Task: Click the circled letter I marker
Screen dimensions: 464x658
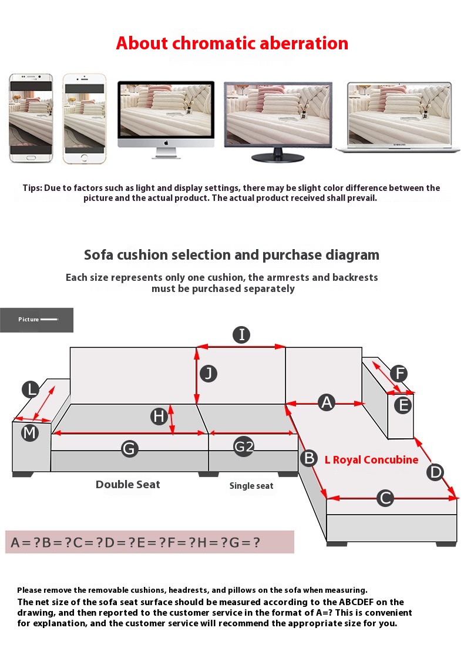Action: coord(241,335)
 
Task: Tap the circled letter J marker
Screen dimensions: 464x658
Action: coord(208,373)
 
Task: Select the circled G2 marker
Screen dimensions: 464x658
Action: coord(244,446)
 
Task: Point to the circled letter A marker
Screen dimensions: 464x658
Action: coord(327,402)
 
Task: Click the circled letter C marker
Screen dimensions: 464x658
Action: coord(385,498)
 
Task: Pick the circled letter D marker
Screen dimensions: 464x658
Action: coord(435,472)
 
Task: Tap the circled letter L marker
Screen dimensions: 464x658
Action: coord(31,390)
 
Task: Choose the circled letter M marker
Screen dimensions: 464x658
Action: coord(30,432)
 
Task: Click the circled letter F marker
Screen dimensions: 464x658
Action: coord(399,373)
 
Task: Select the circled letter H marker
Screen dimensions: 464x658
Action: coord(159,417)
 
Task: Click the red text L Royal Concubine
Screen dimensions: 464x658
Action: coord(371,460)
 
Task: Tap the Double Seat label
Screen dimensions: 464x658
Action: coord(128,484)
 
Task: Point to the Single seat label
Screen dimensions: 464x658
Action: coord(251,486)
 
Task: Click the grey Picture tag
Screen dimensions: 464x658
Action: coord(36,320)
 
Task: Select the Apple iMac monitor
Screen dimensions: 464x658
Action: coord(166,120)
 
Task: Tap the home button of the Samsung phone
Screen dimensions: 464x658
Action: coord(31,158)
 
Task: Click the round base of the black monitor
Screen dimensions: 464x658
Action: coord(278,158)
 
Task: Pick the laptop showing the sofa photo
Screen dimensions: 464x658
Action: coord(399,117)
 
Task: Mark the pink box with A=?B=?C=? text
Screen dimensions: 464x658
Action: coord(150,542)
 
